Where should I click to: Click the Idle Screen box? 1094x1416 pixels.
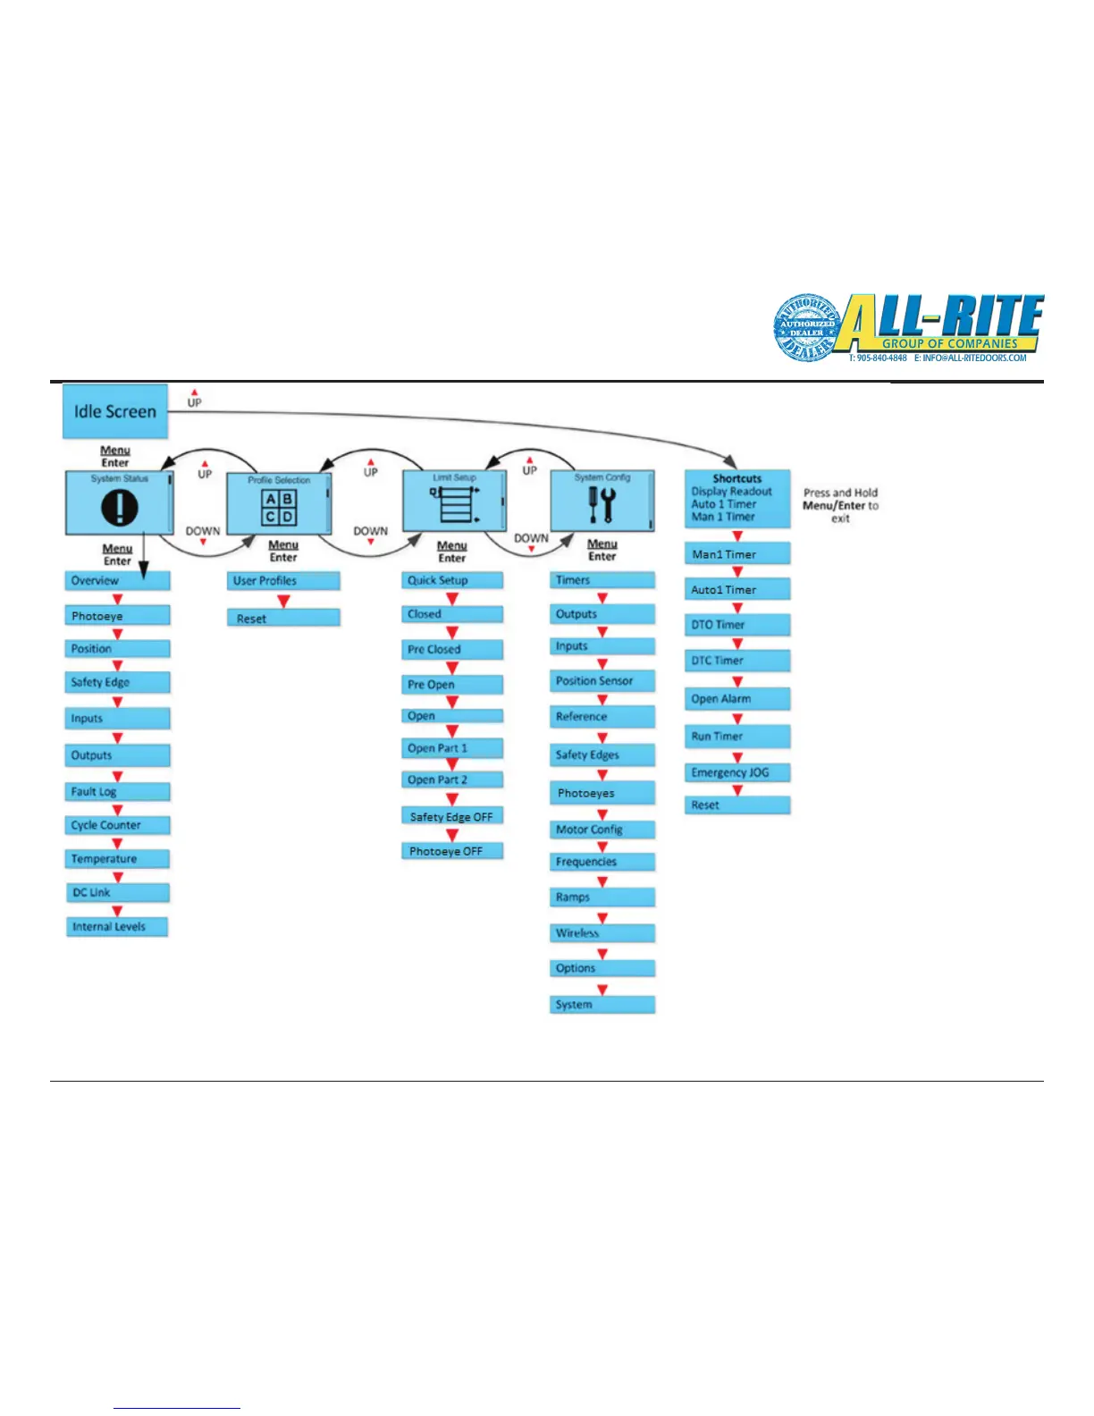114,411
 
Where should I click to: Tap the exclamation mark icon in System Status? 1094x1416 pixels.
119,508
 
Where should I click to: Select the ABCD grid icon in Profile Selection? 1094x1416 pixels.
279,508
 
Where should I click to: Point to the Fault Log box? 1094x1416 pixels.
117,791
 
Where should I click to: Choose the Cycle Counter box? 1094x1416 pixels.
117,825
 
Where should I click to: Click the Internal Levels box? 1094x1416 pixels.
117,927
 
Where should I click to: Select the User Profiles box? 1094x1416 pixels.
282,581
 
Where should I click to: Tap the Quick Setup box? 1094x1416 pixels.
451,580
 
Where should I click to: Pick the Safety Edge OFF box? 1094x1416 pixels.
451,816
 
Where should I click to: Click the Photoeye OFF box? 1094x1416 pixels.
451,851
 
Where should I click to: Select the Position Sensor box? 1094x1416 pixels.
602,681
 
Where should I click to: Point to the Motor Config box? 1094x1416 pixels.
602,830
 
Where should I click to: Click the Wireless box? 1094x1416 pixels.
602,933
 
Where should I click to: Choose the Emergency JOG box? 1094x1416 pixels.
737,772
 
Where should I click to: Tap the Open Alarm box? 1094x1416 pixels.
737,699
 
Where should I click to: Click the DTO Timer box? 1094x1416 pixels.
737,625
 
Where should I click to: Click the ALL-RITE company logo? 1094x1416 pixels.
943,324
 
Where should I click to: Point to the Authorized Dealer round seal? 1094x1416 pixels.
805,328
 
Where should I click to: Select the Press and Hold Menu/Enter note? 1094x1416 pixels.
840,505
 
